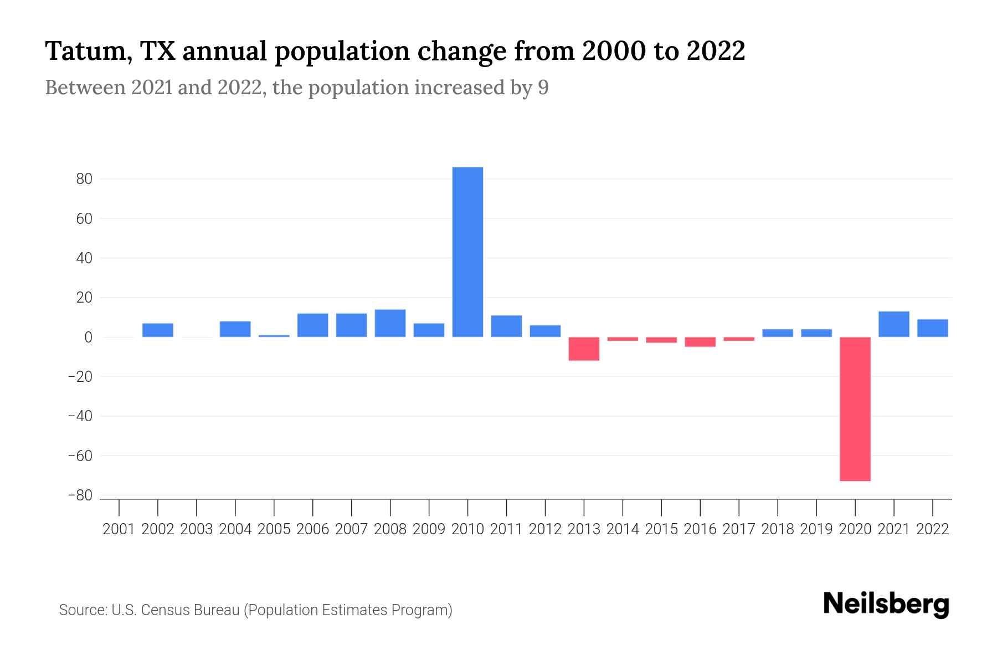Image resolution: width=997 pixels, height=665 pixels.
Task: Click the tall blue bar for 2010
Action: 467,252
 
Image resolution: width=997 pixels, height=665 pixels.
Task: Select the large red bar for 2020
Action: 855,409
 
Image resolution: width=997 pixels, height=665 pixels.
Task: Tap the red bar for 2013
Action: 584,349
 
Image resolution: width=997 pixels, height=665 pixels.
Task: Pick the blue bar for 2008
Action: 390,323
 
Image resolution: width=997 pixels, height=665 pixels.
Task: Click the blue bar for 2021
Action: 893,324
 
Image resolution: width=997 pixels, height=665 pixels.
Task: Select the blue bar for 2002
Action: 158,330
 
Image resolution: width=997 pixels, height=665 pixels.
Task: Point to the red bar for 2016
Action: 700,342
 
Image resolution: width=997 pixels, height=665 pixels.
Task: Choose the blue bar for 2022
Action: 932,328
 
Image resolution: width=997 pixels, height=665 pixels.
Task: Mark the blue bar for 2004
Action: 235,329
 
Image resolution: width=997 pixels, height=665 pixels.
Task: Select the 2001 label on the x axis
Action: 119,529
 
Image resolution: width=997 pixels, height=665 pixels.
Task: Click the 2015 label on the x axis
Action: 661,529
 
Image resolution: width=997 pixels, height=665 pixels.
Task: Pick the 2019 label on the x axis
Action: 816,529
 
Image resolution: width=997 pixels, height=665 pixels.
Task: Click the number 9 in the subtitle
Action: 543,88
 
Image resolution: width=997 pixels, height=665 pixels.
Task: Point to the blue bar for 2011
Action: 506,326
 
